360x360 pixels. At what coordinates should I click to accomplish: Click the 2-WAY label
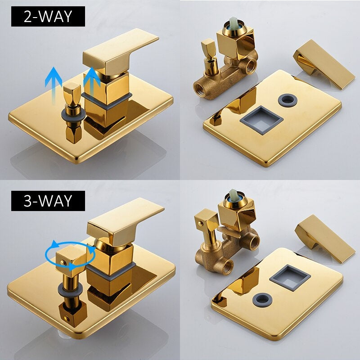pyautogui.click(x=48, y=17)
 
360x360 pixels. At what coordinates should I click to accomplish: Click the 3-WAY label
pyautogui.click(x=48, y=201)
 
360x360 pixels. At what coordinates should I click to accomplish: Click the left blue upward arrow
pyautogui.click(x=53, y=85)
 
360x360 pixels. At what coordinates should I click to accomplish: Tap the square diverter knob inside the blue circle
pyautogui.click(x=71, y=260)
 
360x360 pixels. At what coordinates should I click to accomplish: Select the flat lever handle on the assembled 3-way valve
pyautogui.click(x=125, y=220)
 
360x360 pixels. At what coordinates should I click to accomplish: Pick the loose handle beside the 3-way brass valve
pyautogui.click(x=325, y=239)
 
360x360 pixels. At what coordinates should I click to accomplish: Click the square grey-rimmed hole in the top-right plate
pyautogui.click(x=261, y=120)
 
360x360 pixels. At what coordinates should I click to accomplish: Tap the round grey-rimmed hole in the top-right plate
pyautogui.click(x=288, y=99)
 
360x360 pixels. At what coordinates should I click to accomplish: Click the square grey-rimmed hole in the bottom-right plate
pyautogui.click(x=290, y=278)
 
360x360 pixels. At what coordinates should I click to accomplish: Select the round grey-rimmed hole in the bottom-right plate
pyautogui.click(x=264, y=299)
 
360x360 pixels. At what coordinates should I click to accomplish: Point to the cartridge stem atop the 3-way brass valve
pyautogui.click(x=233, y=195)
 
